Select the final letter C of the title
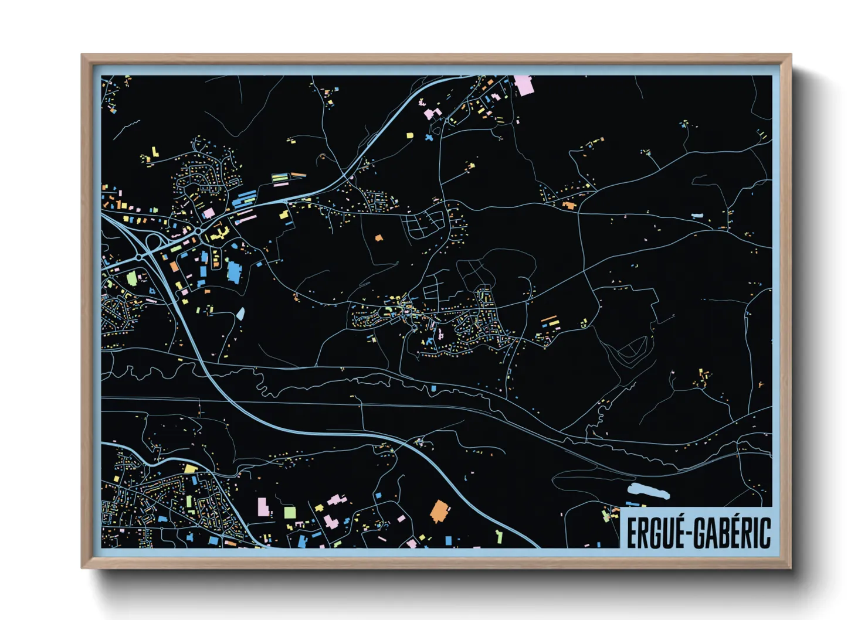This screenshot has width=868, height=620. pos(764,533)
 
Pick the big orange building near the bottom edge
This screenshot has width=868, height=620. pos(440,512)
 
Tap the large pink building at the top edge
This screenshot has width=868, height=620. pos(523,85)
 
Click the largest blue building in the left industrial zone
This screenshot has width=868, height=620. pos(234,271)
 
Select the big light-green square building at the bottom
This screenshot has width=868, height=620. pos(290,513)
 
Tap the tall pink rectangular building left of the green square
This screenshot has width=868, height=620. pos(263,507)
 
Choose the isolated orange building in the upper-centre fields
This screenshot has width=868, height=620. pos(378,239)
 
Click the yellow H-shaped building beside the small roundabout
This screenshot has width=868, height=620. pos(219,234)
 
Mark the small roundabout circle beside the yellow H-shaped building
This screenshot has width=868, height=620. pos(199,232)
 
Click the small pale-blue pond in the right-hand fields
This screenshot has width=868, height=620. pos(697,216)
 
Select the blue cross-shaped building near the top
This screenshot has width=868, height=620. pos(429,138)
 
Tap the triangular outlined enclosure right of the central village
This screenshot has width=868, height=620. pos(630,350)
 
